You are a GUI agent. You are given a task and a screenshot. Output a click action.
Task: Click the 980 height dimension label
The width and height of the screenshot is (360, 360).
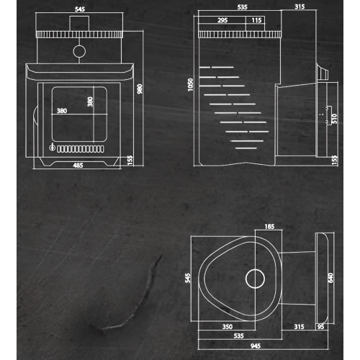[140, 89]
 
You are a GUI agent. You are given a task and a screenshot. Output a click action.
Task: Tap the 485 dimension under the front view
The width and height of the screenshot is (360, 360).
[78, 166]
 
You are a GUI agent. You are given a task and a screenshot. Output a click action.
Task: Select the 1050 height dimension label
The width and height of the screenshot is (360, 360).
[190, 85]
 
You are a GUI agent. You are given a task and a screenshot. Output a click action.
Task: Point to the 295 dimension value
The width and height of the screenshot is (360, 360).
[222, 20]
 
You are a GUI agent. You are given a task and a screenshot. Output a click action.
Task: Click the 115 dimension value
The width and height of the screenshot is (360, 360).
[256, 20]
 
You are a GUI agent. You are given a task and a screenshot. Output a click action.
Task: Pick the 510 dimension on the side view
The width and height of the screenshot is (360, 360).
[334, 119]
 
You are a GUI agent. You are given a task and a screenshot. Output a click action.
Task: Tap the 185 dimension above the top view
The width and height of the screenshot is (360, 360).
[269, 227]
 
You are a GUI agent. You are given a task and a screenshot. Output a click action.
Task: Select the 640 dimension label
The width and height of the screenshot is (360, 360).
[330, 278]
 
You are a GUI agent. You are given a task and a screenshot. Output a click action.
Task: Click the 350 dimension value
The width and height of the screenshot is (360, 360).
[228, 327]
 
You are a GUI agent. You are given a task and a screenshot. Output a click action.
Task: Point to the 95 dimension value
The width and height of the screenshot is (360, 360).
[320, 327]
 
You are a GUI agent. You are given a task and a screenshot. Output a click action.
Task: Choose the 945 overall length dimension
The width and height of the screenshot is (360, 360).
[256, 346]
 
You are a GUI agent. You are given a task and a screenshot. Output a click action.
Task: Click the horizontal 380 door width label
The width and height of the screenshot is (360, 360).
[62, 111]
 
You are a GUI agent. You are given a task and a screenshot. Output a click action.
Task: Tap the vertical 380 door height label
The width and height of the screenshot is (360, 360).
[90, 102]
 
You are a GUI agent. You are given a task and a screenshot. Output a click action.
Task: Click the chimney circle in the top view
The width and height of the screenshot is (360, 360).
[255, 269]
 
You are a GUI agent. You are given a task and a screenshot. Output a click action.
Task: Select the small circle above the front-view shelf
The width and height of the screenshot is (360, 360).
[79, 45]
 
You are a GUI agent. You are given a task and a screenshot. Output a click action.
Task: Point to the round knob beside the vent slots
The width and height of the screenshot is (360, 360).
[52, 147]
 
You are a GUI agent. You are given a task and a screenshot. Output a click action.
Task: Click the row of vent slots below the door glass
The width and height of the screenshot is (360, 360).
[81, 149]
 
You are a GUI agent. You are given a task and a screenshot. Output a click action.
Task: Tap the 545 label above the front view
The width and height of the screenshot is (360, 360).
[80, 9]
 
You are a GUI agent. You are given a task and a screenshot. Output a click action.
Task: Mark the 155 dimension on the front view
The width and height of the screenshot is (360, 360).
[130, 161]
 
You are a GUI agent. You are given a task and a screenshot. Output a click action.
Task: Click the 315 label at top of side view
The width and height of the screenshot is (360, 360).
[300, 6]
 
